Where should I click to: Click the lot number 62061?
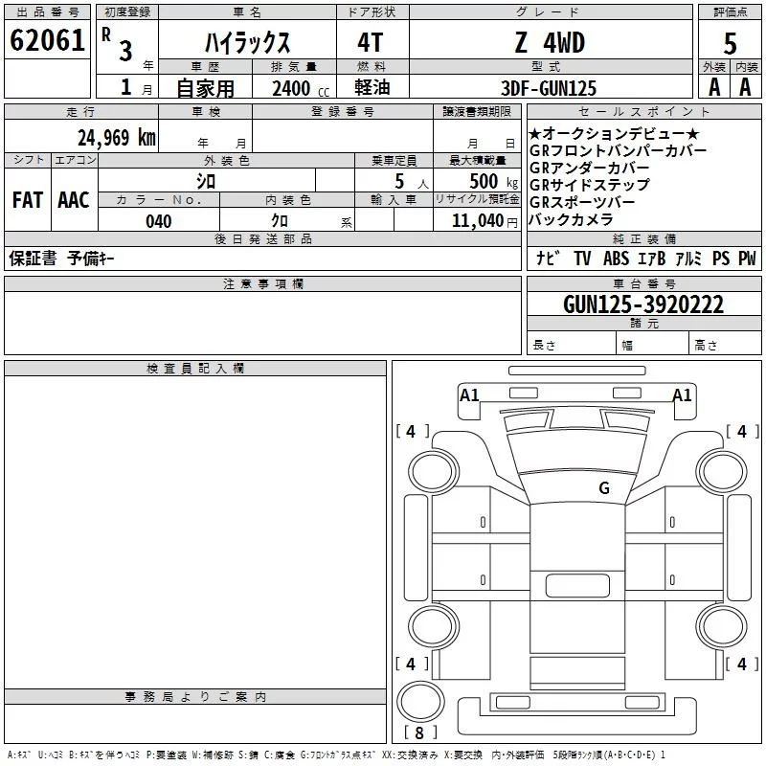pyautogui.click(x=46, y=41)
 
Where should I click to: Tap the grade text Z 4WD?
pyautogui.click(x=550, y=42)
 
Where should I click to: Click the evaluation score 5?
pyautogui.click(x=730, y=42)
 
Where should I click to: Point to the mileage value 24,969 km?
pyautogui.click(x=116, y=137)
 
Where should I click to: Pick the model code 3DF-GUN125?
pyautogui.click(x=550, y=88)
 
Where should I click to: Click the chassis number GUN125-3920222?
pyautogui.click(x=643, y=304)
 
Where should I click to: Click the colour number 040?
pyautogui.click(x=159, y=221)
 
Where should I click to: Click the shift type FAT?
pyautogui.click(x=27, y=200)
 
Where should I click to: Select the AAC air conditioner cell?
pyautogui.click(x=74, y=200)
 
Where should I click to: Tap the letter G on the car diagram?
pyautogui.click(x=604, y=487)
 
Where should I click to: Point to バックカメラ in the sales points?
pyautogui.click(x=571, y=219)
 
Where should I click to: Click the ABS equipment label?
pyautogui.click(x=617, y=259)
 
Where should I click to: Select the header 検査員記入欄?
pyautogui.click(x=195, y=369)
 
